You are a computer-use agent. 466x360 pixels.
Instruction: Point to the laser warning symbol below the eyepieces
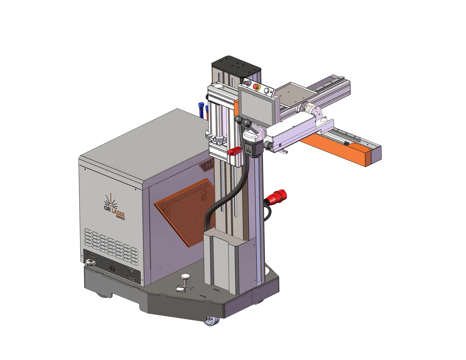tap(249, 150)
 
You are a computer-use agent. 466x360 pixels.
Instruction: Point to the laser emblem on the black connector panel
tap(112, 267)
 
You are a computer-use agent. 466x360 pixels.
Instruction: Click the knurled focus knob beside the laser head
tap(267, 145)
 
